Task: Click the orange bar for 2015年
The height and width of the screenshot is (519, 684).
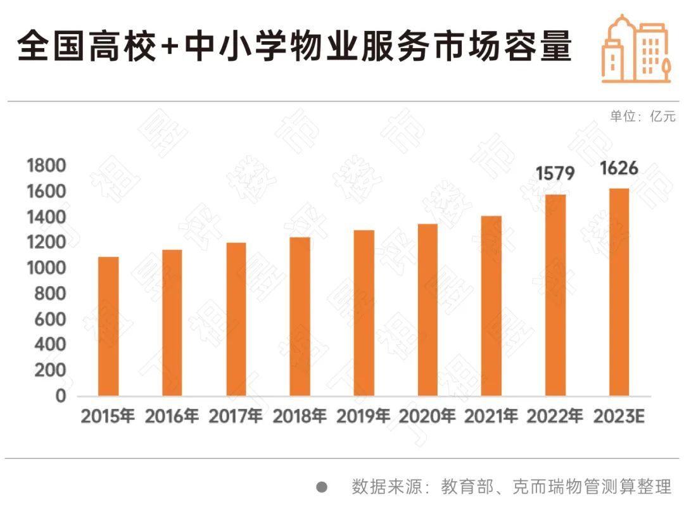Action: click(x=108, y=326)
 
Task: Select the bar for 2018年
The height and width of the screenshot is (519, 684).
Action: click(x=300, y=316)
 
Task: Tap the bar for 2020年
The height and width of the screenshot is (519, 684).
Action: click(x=427, y=310)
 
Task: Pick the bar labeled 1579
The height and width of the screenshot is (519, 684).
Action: click(x=555, y=295)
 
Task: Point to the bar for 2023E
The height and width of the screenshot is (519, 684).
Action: click(x=619, y=292)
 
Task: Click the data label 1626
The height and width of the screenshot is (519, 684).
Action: click(x=619, y=169)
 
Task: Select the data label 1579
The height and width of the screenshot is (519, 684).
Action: click(x=555, y=173)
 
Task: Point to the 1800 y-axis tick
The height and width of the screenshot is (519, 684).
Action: click(x=47, y=166)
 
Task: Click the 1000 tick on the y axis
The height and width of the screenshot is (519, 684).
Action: click(x=47, y=268)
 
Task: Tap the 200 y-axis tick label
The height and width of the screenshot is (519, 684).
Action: click(x=51, y=371)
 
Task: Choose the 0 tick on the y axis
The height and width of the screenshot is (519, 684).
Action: click(x=61, y=397)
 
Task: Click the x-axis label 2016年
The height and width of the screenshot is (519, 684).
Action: click(x=172, y=416)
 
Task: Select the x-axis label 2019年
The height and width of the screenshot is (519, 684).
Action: click(x=364, y=416)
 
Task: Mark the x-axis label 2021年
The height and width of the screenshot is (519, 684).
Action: click(x=491, y=416)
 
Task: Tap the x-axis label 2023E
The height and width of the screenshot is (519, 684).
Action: click(x=619, y=416)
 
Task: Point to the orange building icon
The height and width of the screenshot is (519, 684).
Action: click(x=635, y=49)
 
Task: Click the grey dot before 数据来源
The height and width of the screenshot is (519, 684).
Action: click(x=322, y=487)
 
